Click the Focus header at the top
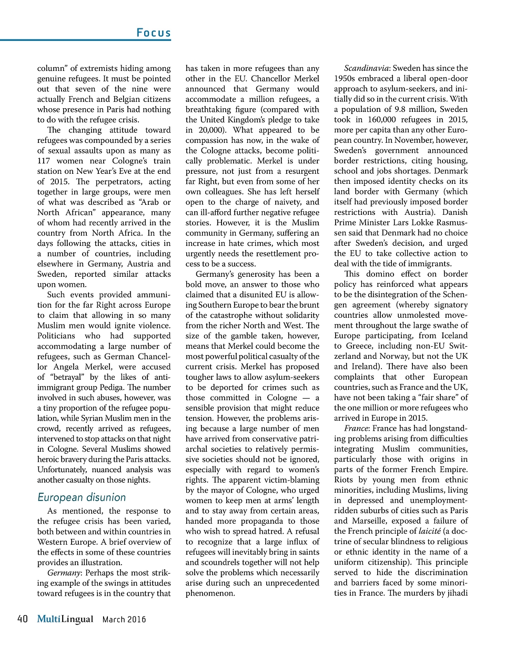click(154, 33)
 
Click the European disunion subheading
click(82, 497)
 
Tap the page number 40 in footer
click(23, 619)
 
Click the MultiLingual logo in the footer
click(65, 619)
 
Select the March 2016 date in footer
click(124, 620)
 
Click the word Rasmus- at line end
click(451, 223)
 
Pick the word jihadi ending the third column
click(456, 594)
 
